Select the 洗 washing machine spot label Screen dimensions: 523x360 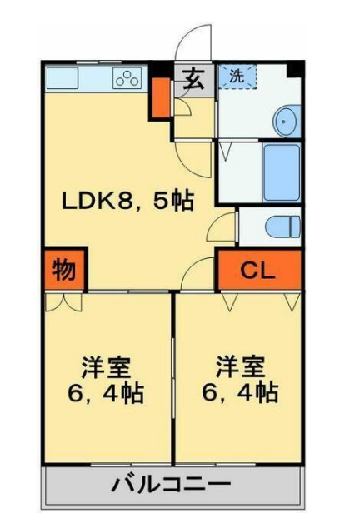(x=237, y=75)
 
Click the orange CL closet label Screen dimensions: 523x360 (x=257, y=269)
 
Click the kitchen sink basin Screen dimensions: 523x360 (x=62, y=79)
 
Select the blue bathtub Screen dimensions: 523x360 (x=281, y=172)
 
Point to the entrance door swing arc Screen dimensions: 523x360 (x=191, y=42)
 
